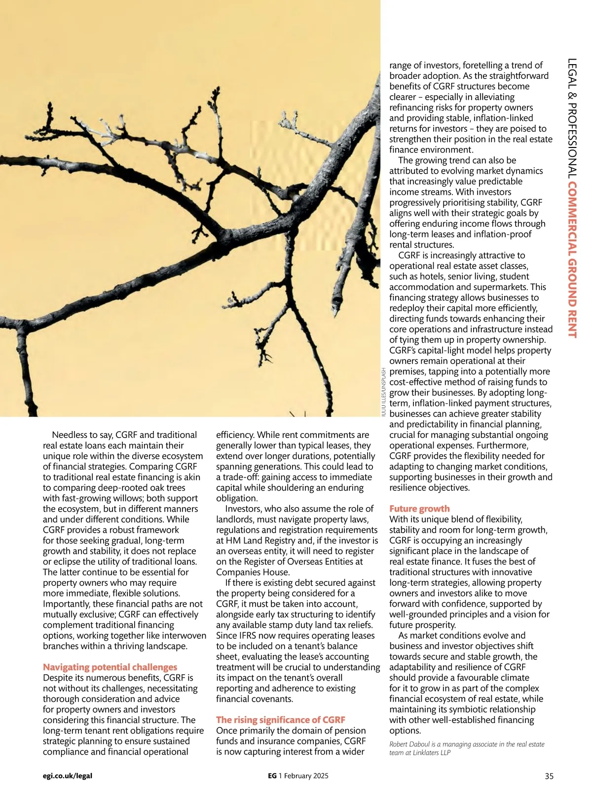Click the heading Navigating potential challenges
click(110, 667)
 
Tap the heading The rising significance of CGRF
click(280, 720)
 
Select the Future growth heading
click(419, 509)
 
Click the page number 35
click(549, 776)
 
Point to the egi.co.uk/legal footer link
click(68, 776)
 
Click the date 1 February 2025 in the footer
click(303, 776)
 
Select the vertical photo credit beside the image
click(384, 393)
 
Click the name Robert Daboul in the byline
click(409, 744)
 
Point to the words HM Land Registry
click(255, 541)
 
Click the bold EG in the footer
click(272, 776)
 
